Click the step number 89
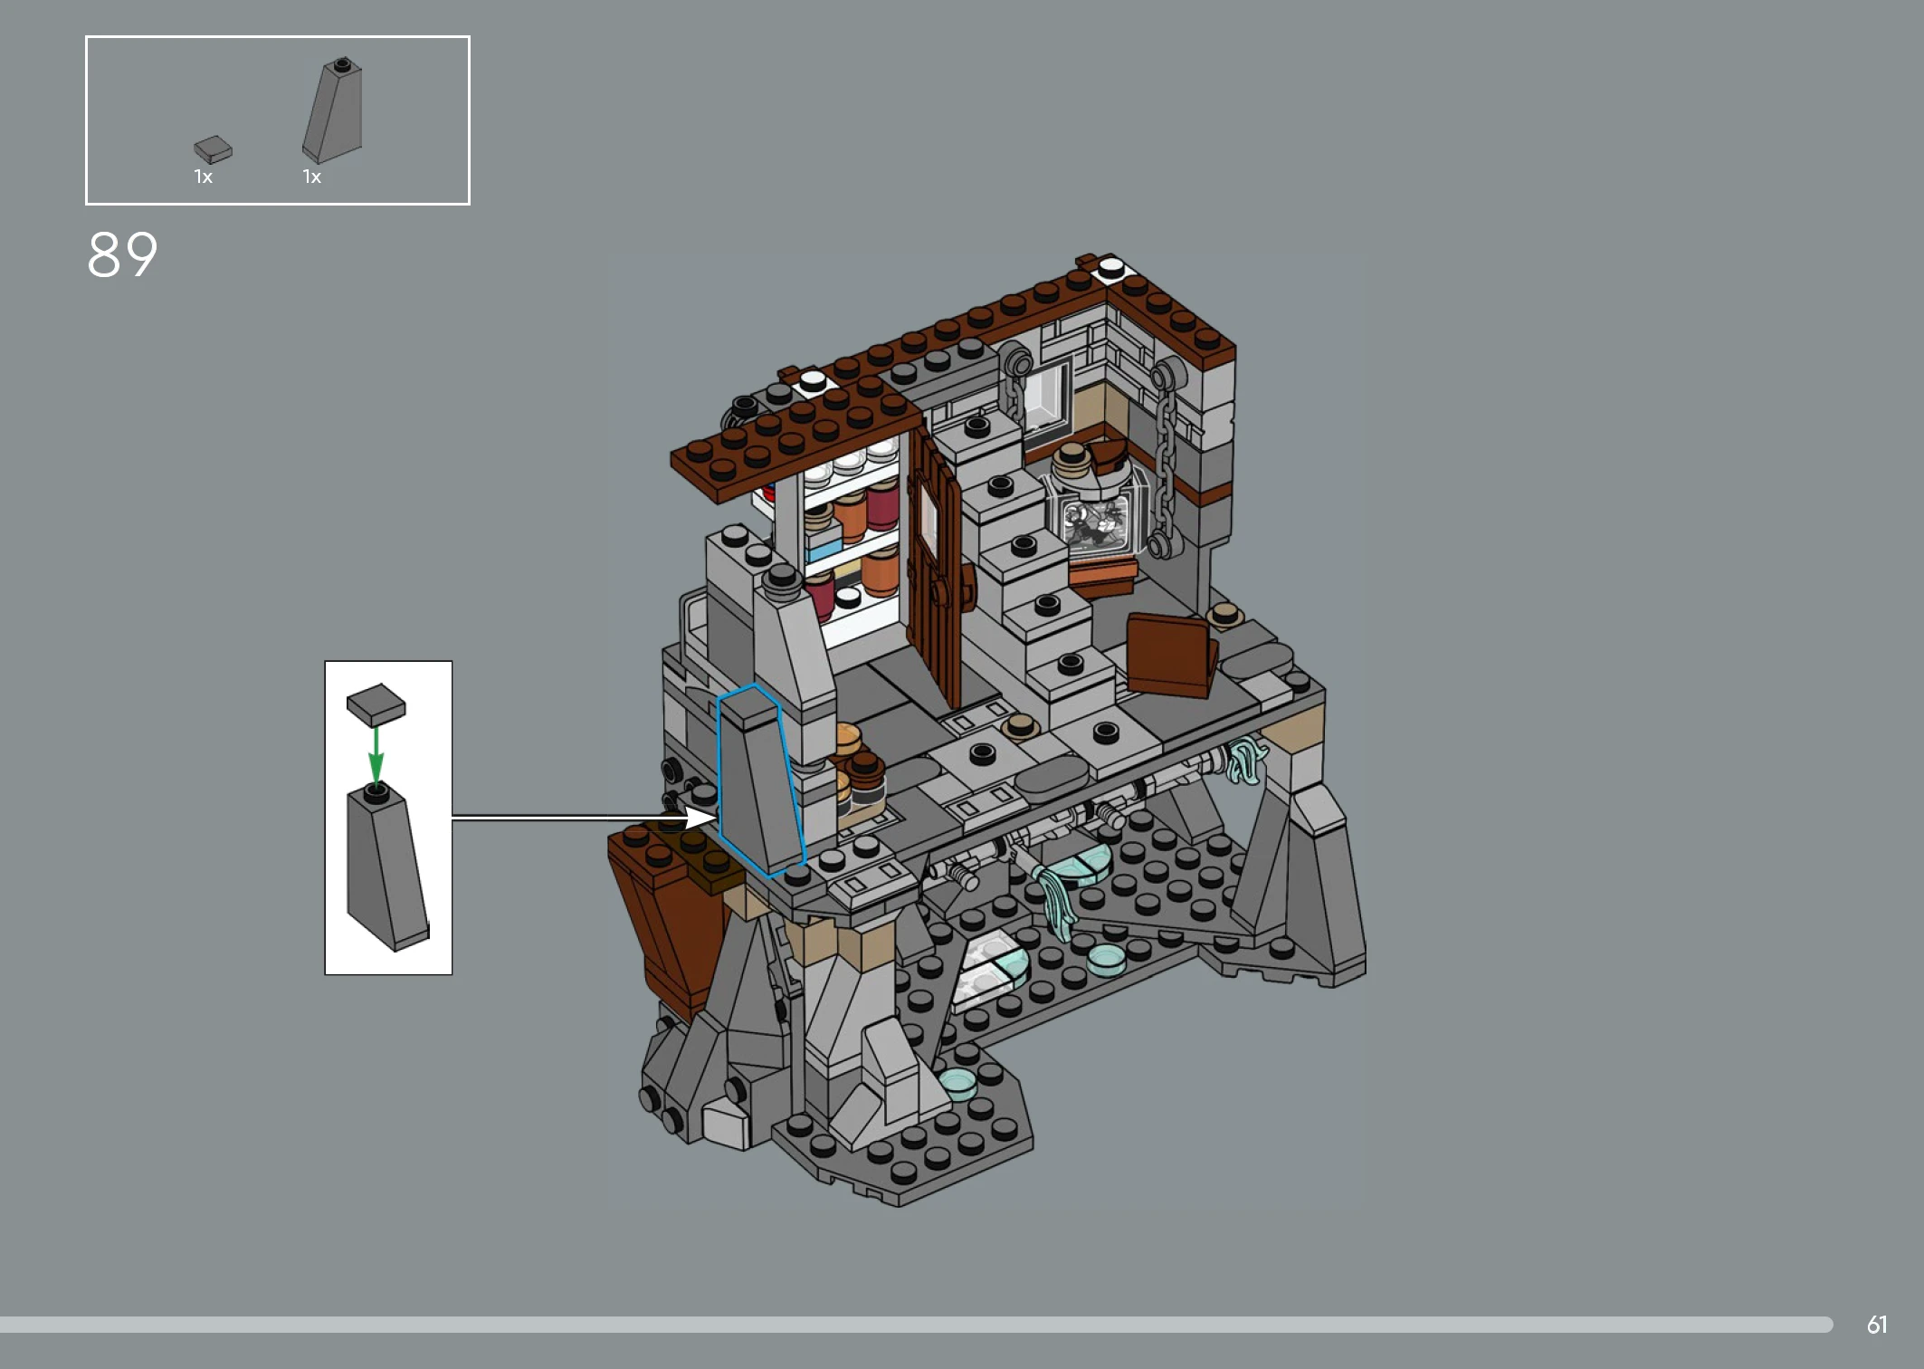click(x=122, y=254)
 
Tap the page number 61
click(x=1877, y=1325)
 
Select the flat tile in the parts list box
click(x=213, y=149)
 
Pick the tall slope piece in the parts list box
click(x=333, y=110)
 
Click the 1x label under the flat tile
click(x=203, y=177)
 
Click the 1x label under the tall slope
click(x=311, y=177)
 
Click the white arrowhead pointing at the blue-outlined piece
click(x=700, y=818)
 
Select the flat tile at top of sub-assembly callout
click(x=376, y=704)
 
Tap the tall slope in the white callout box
click(x=387, y=867)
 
